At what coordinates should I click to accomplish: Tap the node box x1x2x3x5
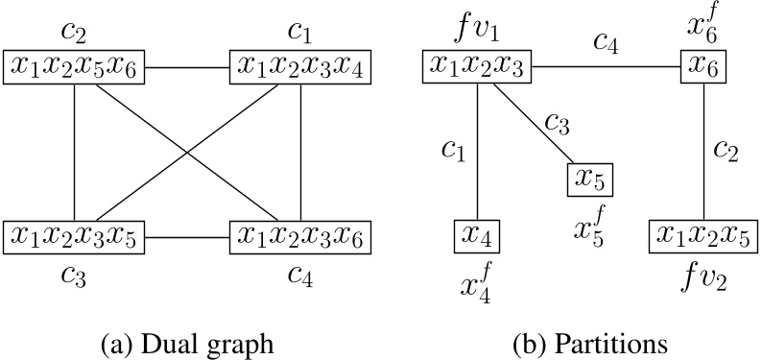click(x=75, y=236)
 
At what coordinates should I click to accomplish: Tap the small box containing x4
click(x=477, y=236)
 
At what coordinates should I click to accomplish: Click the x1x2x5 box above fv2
click(x=703, y=236)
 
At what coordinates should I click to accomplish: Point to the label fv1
click(x=477, y=31)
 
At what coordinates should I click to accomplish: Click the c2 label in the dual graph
click(x=75, y=31)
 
